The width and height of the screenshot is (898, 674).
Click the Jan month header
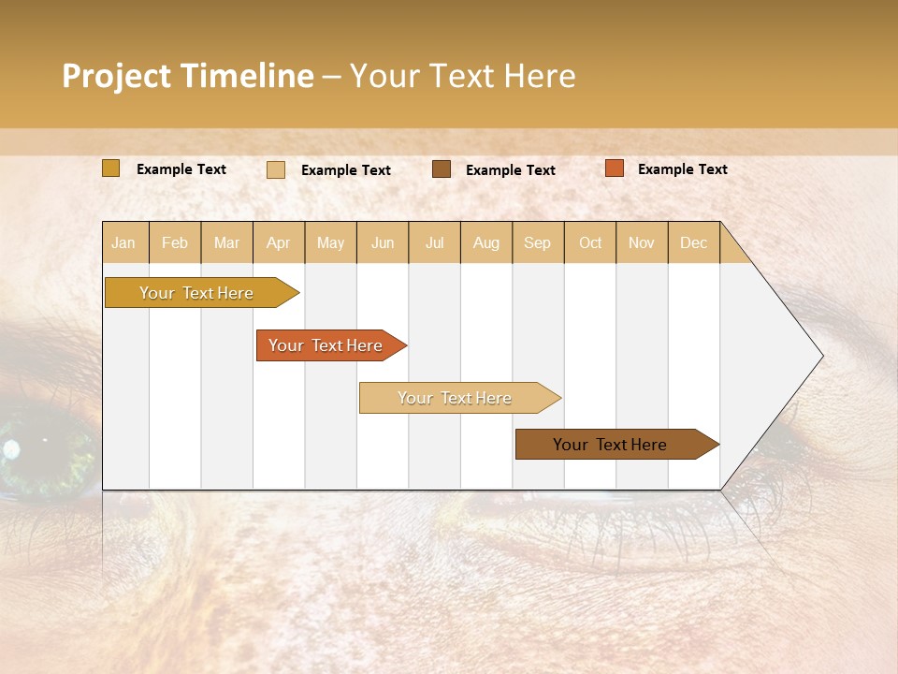point(123,242)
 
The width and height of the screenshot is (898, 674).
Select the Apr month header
point(278,242)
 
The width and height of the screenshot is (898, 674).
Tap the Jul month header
point(434,242)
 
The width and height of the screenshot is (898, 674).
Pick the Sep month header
point(537,242)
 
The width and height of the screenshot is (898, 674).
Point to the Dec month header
point(693,242)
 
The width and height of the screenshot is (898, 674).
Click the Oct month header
point(590,242)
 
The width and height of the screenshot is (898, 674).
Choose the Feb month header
point(175,242)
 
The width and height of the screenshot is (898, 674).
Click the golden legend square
point(110,168)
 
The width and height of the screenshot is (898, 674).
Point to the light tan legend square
point(275,169)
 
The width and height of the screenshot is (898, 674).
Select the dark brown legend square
point(441,169)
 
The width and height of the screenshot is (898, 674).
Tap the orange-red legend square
point(614,168)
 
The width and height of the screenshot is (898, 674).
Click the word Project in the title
point(116,76)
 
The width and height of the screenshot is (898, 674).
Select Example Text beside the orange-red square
point(682,169)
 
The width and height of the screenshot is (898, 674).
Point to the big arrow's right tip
point(820,356)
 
